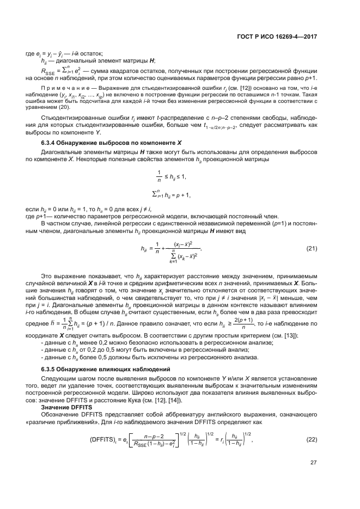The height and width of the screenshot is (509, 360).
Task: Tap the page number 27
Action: tap(313, 478)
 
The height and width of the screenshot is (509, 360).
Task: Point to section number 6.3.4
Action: tap(51, 158)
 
